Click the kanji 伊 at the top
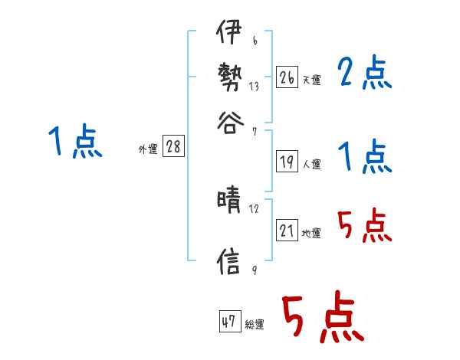(x=229, y=34)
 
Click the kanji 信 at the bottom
(x=229, y=261)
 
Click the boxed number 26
(x=287, y=77)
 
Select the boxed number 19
(x=287, y=162)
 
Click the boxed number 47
(x=228, y=322)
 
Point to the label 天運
(x=311, y=80)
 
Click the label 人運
(x=311, y=164)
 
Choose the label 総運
(x=255, y=325)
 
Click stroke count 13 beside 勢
(x=254, y=86)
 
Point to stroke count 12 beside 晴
(x=254, y=208)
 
